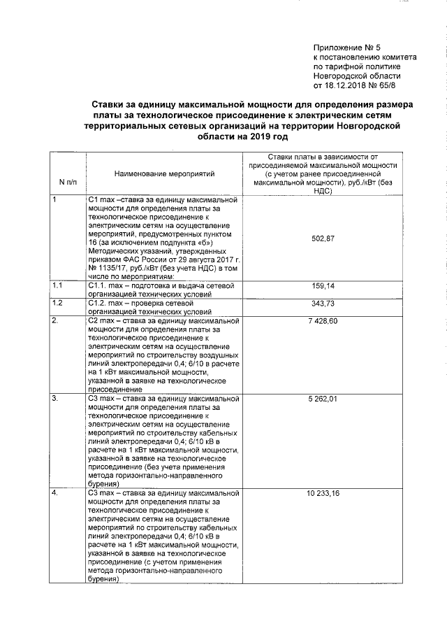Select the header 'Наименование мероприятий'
pos(165,172)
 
